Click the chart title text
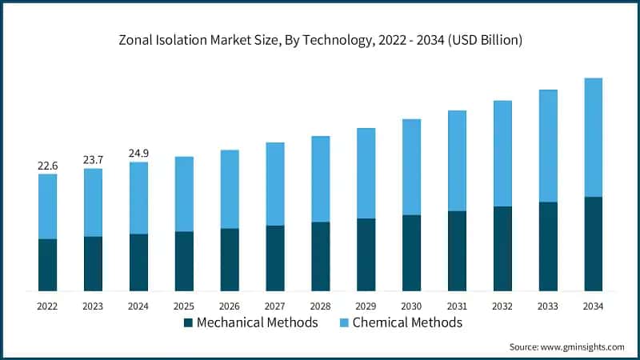[320, 41]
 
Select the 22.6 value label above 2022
[47, 166]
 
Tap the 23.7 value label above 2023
[93, 160]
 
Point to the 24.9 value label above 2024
[138, 154]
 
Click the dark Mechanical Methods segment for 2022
[47, 265]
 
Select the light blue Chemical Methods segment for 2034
[593, 138]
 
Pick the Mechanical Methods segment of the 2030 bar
[411, 253]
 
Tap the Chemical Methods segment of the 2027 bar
[274, 184]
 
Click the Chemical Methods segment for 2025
[184, 194]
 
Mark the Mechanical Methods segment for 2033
[547, 246]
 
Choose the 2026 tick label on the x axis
[230, 306]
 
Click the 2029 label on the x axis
[366, 306]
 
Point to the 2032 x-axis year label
[502, 306]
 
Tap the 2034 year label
[593, 306]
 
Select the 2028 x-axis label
[320, 306]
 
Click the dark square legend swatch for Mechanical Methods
[188, 323]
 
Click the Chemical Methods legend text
[407, 323]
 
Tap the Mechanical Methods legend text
[257, 323]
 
